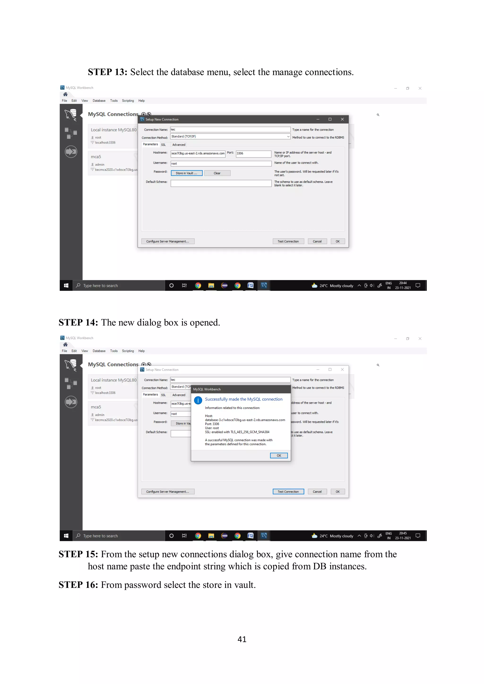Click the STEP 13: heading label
point(107,72)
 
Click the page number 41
point(242,639)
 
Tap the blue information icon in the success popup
point(198,400)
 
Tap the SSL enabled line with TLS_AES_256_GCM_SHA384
point(237,432)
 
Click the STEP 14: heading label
point(78,323)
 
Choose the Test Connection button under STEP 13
point(288,241)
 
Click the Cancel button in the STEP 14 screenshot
point(317,492)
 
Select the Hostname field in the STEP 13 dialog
point(198,153)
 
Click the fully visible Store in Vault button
point(186,173)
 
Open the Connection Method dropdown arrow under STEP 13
point(288,136)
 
